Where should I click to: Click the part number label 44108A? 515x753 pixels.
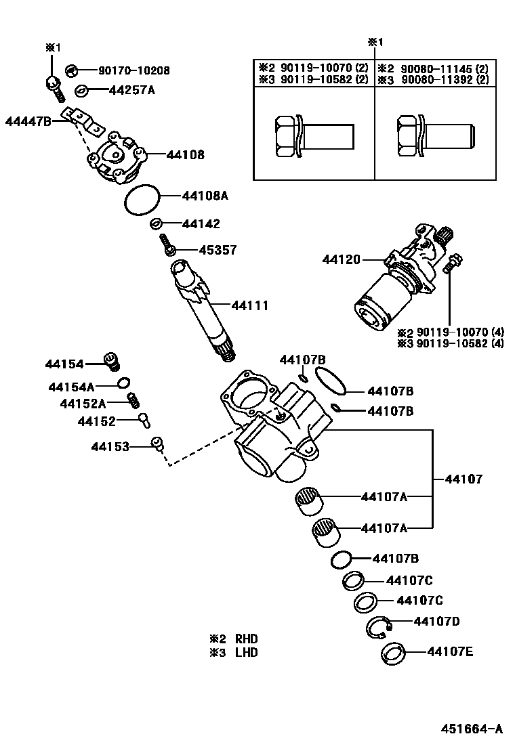point(205,196)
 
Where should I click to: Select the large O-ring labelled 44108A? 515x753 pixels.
point(142,199)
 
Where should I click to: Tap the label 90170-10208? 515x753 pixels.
point(134,70)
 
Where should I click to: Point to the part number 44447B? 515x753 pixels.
point(28,122)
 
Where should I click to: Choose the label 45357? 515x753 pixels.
point(218,250)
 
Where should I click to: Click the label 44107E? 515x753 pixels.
point(450,652)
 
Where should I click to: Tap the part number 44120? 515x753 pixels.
point(342,259)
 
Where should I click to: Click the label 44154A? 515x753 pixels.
point(71,387)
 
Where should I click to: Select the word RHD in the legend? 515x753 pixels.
point(247,639)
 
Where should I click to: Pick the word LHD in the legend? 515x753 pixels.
point(247,653)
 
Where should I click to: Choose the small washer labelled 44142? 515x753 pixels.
point(155,223)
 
